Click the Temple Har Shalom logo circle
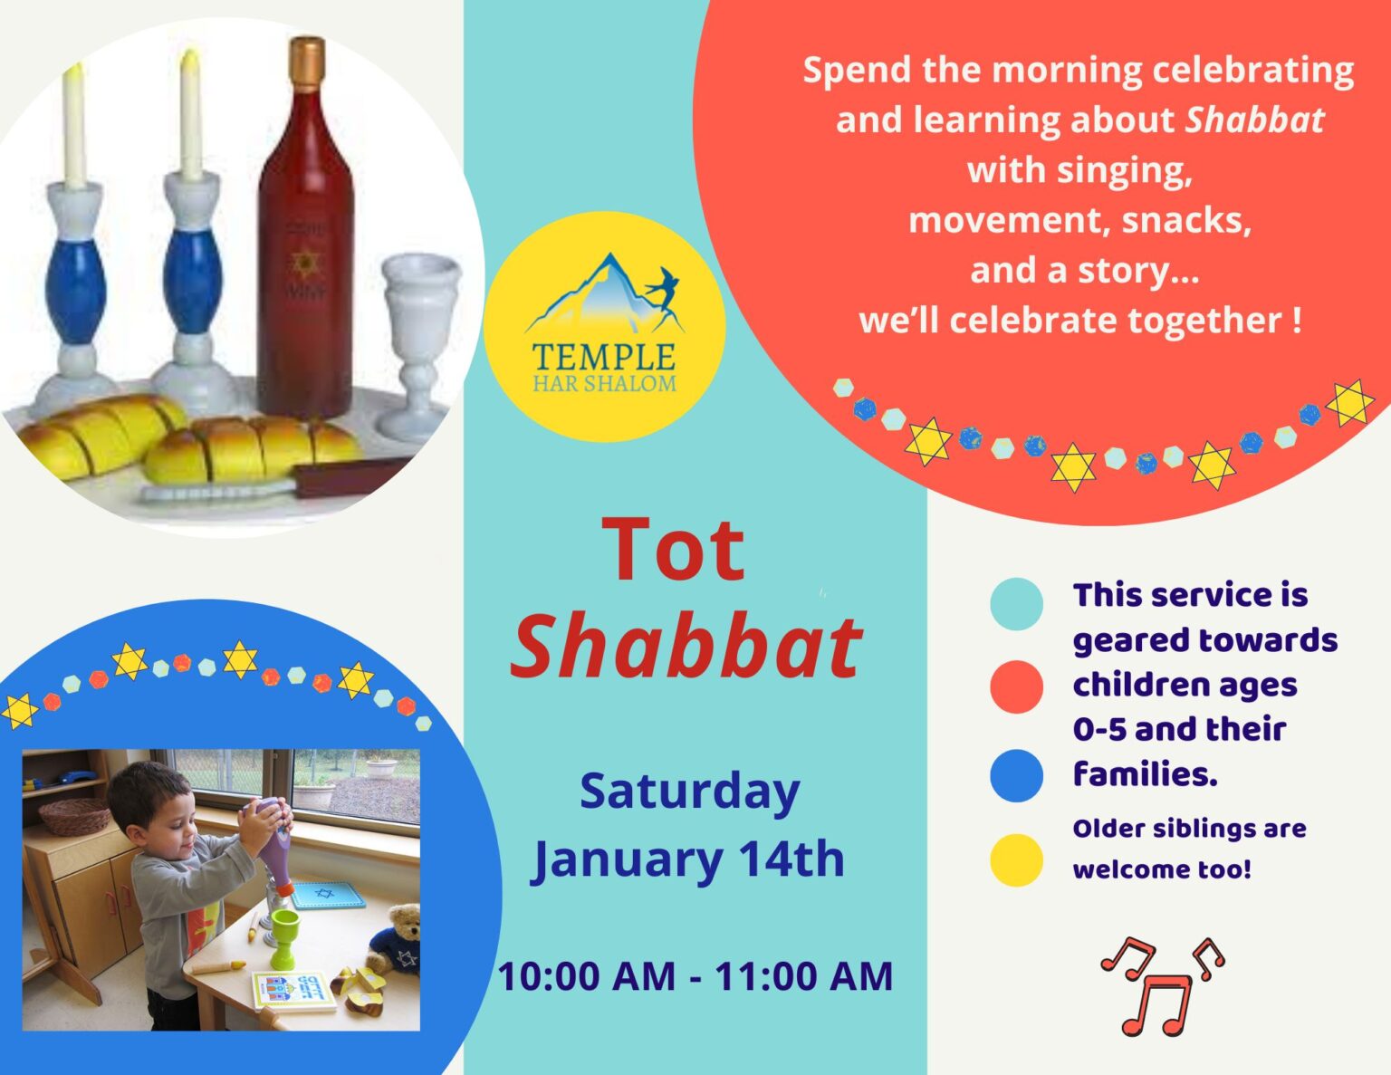click(604, 326)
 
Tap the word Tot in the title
click(674, 551)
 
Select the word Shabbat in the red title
click(686, 646)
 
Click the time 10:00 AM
click(587, 976)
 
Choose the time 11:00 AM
click(804, 976)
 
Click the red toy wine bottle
click(305, 254)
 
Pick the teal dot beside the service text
click(1016, 603)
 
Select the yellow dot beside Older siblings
click(1016, 859)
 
